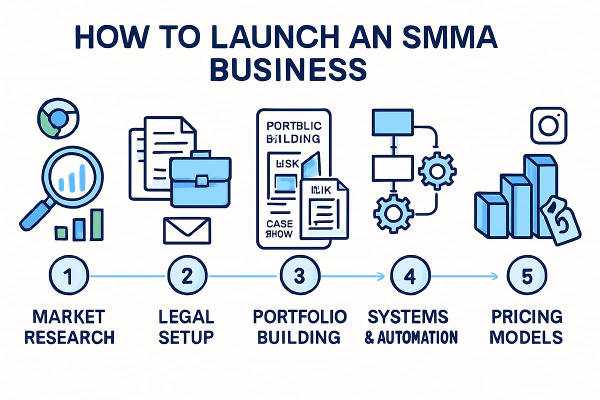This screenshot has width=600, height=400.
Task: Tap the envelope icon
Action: pyautogui.click(x=187, y=230)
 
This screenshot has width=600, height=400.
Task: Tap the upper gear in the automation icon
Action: pyautogui.click(x=436, y=170)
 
